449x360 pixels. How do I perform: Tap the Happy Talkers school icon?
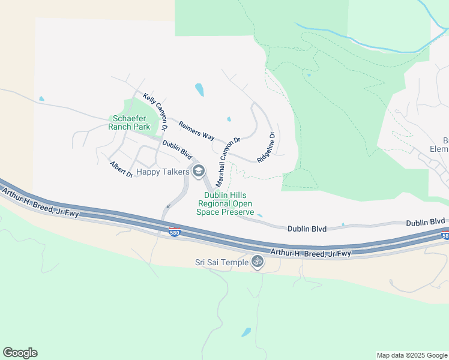[199, 172]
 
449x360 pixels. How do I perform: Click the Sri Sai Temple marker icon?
[258, 262]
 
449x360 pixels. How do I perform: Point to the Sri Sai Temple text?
[221, 262]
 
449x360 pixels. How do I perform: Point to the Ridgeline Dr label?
[266, 148]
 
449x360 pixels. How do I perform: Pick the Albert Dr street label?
[121, 169]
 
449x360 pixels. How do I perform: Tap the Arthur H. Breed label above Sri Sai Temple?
[310, 254]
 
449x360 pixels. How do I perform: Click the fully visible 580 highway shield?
[174, 232]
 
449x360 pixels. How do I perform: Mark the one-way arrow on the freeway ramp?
[167, 206]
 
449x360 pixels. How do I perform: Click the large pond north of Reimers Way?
[199, 90]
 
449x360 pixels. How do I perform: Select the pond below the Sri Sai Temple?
[246, 332]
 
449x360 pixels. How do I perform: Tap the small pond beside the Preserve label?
[259, 214]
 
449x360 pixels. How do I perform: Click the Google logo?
[20, 353]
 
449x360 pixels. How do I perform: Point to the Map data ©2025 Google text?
[411, 355]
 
